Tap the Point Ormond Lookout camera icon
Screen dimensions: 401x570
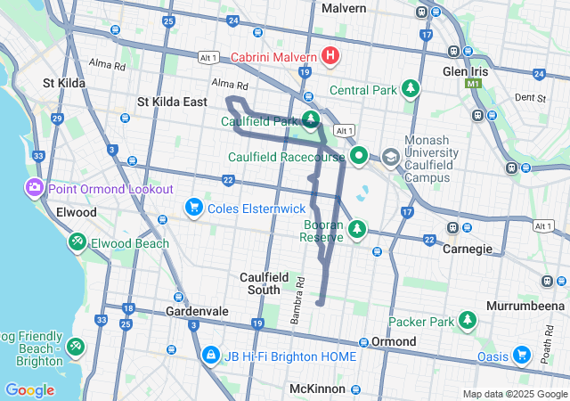(x=35, y=188)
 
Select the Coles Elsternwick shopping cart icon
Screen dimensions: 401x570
(x=193, y=208)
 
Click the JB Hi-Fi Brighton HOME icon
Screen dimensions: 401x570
(x=210, y=356)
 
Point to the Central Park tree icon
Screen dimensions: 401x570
(x=410, y=89)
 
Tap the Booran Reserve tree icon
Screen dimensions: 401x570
(x=357, y=230)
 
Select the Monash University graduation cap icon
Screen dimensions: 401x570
(x=391, y=157)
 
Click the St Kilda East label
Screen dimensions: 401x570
(x=172, y=102)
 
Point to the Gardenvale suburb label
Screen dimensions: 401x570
(x=197, y=311)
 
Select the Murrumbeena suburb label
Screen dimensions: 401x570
(x=525, y=306)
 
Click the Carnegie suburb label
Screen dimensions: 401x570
(x=468, y=249)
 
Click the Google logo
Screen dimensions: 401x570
(x=30, y=389)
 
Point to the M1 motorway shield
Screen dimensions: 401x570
(x=473, y=83)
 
